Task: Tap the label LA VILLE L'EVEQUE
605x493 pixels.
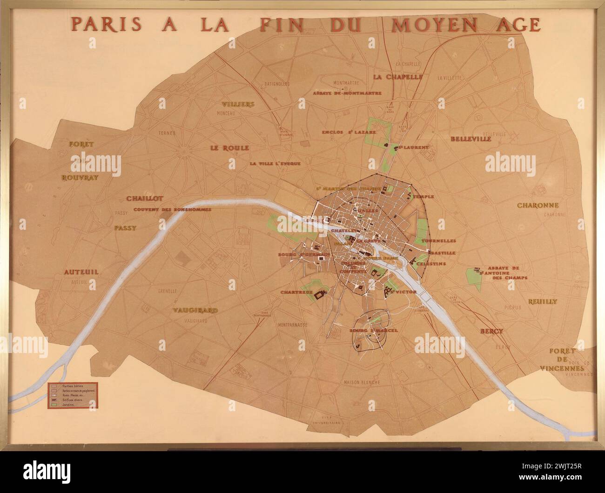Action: (x=275, y=164)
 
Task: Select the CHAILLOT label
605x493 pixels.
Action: (x=144, y=199)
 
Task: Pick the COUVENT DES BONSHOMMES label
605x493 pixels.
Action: (x=172, y=209)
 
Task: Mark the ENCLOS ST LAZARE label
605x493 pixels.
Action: (x=349, y=132)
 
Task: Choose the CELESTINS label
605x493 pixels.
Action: (x=431, y=264)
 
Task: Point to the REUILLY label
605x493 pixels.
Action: (x=542, y=301)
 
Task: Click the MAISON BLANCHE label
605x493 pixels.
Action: (x=362, y=382)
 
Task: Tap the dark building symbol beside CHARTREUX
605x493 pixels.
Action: (x=320, y=294)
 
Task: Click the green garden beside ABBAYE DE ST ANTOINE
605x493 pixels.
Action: (x=474, y=278)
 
